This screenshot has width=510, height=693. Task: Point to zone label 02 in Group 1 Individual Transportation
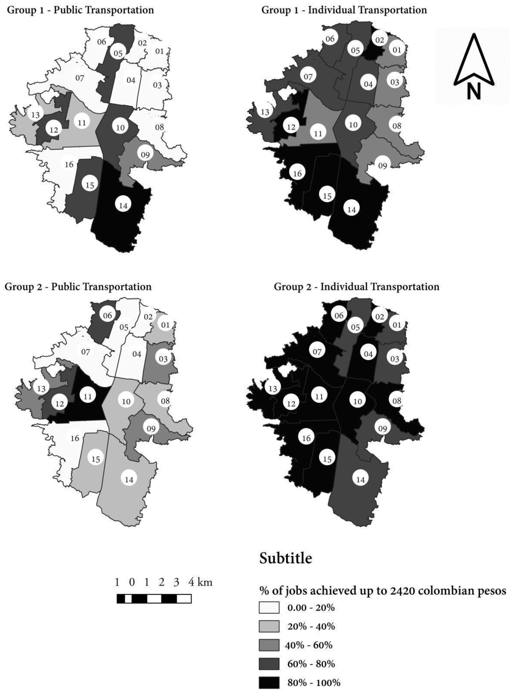click(x=379, y=40)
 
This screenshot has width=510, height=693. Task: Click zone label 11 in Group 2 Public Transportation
click(x=88, y=396)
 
